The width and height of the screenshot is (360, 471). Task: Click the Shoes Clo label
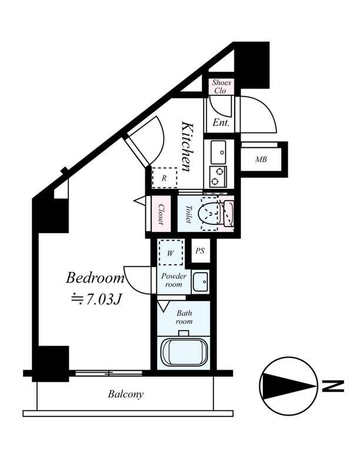[x=221, y=87]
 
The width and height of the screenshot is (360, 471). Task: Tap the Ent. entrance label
[x=221, y=122]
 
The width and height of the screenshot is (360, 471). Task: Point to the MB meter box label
[x=261, y=160]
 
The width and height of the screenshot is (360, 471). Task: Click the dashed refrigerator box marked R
[x=164, y=178]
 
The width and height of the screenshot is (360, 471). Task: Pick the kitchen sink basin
[x=218, y=152]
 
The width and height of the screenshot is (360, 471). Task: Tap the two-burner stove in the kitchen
[x=218, y=176]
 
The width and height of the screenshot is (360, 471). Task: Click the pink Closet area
[x=161, y=214]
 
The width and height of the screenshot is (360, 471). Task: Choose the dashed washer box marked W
[x=171, y=253]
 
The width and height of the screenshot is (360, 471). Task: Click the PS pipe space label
[x=200, y=251]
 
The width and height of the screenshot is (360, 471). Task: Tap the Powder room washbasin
[x=201, y=282]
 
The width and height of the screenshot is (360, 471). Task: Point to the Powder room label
[x=174, y=280]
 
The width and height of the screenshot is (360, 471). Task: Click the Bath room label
[x=184, y=317]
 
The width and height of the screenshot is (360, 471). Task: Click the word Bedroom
[x=95, y=278]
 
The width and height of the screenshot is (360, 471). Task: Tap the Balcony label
[x=126, y=394]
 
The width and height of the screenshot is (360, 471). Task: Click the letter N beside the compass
[x=332, y=386]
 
